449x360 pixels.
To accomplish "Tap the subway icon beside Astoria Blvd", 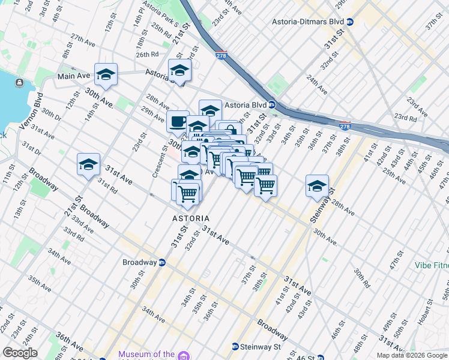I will pyautogui.click(x=271, y=104).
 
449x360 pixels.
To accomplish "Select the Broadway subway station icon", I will pyautogui.click(x=161, y=262).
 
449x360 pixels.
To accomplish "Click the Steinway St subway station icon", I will pyautogui.click(x=235, y=347).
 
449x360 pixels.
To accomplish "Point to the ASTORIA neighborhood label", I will pyautogui.click(x=191, y=218).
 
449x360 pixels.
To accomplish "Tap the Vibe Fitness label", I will pyautogui.click(x=431, y=265).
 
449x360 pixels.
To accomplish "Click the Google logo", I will pyautogui.click(x=20, y=353).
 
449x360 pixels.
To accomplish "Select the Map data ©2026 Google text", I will pyautogui.click(x=411, y=355).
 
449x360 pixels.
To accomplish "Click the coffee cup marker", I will pyautogui.click(x=178, y=122).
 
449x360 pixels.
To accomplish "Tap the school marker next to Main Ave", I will pyautogui.click(x=106, y=74).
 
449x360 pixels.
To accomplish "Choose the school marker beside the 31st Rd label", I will pyautogui.click(x=88, y=164).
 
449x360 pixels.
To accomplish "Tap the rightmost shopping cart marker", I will pyautogui.click(x=265, y=185).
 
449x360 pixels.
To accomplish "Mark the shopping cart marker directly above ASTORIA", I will pyautogui.click(x=188, y=192).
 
